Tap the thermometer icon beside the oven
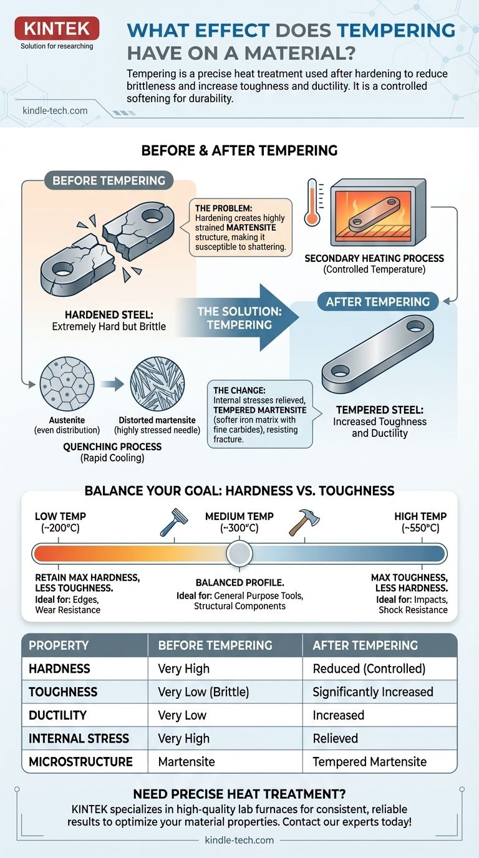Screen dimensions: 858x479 point(312,201)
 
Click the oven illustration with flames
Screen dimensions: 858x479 point(377,212)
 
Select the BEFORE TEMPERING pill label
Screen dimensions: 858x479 point(109,181)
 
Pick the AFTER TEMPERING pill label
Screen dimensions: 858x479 point(378,302)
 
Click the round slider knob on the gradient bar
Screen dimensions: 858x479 point(239,553)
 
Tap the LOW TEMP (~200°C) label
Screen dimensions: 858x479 point(60,523)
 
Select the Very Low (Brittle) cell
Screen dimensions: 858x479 point(199,692)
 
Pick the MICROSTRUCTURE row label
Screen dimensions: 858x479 point(80,761)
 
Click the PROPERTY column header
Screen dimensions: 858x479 point(59,645)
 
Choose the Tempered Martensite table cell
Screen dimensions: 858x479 point(369,761)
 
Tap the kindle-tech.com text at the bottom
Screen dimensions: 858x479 point(239,840)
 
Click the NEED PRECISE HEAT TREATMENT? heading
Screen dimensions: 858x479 point(239,794)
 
